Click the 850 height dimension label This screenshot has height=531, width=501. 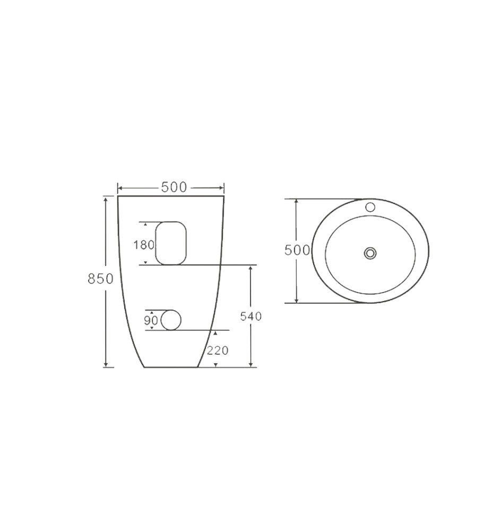(x=100, y=279)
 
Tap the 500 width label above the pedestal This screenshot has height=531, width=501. (x=174, y=187)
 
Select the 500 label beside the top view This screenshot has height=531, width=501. (x=297, y=250)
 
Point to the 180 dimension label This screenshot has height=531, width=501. (x=144, y=245)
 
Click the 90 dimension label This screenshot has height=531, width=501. (x=151, y=320)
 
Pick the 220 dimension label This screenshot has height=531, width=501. (x=218, y=350)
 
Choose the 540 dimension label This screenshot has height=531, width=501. (x=251, y=316)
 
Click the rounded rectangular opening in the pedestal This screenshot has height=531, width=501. (x=171, y=243)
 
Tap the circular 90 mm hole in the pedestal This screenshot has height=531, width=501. (x=171, y=320)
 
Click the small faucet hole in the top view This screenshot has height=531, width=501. (x=370, y=207)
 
